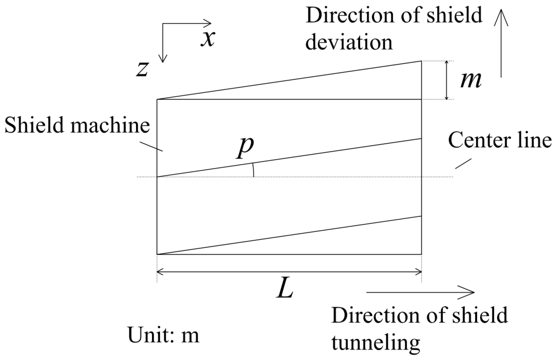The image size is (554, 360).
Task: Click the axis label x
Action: (x=208, y=39)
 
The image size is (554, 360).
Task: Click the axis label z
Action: (x=142, y=70)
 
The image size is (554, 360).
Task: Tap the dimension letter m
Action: (x=471, y=80)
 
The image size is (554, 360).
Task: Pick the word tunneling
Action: (x=375, y=343)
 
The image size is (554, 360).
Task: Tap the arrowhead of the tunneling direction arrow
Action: (x=470, y=292)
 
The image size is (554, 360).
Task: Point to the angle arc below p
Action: (x=253, y=170)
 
